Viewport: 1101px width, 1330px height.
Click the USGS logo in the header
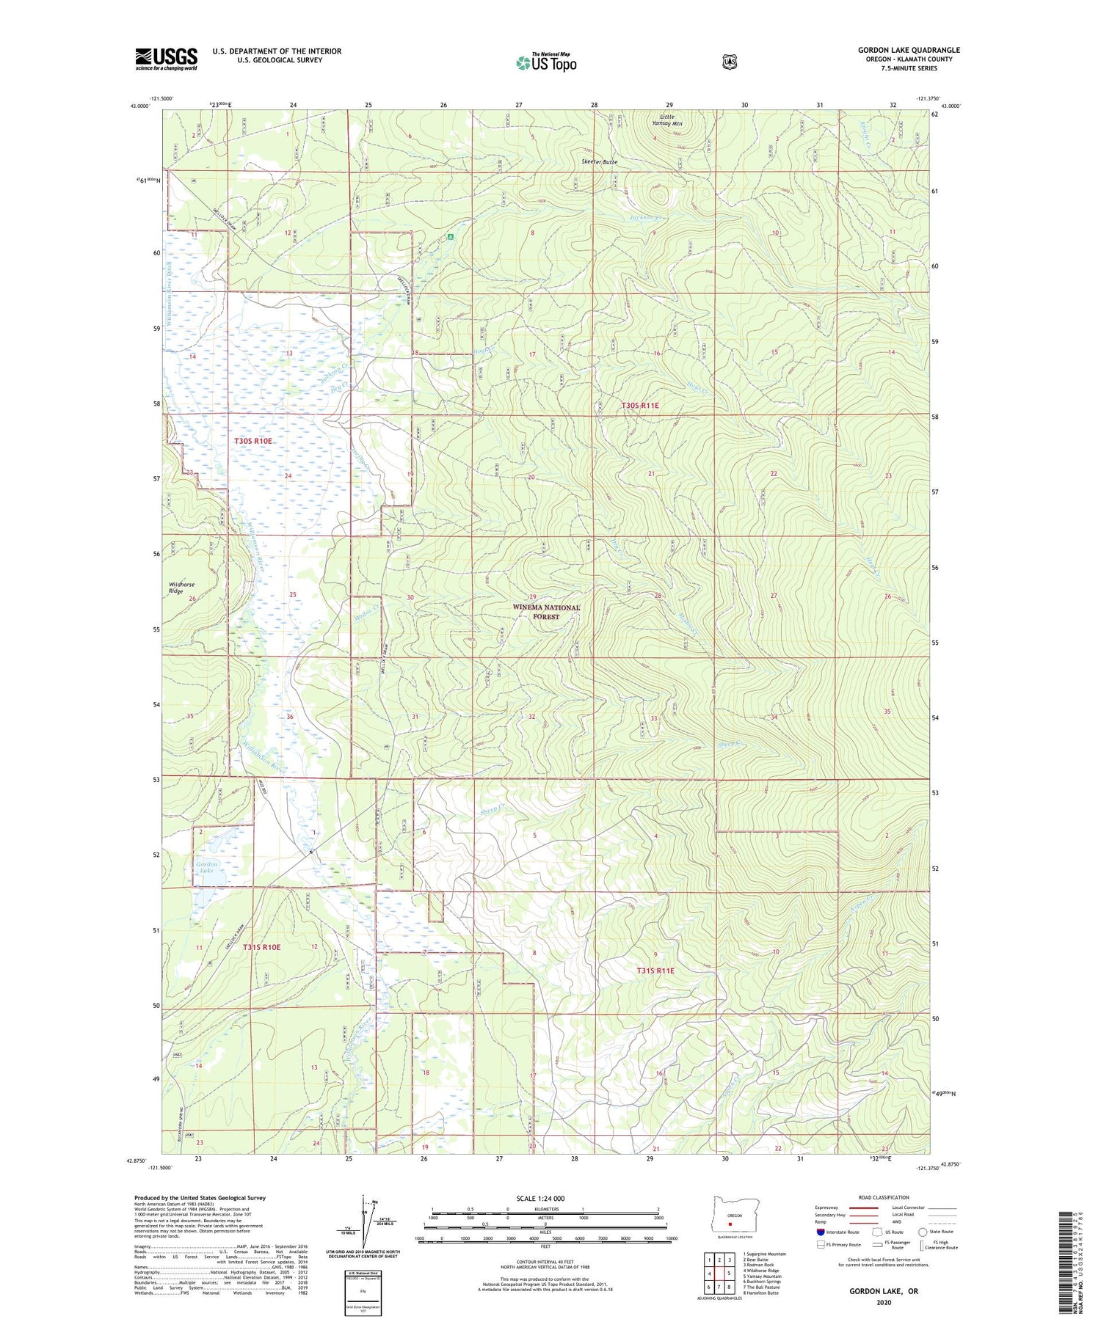[166, 59]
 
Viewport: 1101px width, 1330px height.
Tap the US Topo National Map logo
[546, 62]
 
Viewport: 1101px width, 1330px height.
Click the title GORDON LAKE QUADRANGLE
[909, 50]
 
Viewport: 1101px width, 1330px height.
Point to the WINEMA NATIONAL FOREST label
[546, 612]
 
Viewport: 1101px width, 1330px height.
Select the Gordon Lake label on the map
[206, 868]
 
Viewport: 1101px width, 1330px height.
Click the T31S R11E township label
[655, 971]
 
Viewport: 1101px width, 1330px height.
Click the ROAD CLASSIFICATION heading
[884, 1198]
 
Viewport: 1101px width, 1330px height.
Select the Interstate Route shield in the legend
[821, 1232]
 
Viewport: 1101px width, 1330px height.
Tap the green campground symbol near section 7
[451, 237]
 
